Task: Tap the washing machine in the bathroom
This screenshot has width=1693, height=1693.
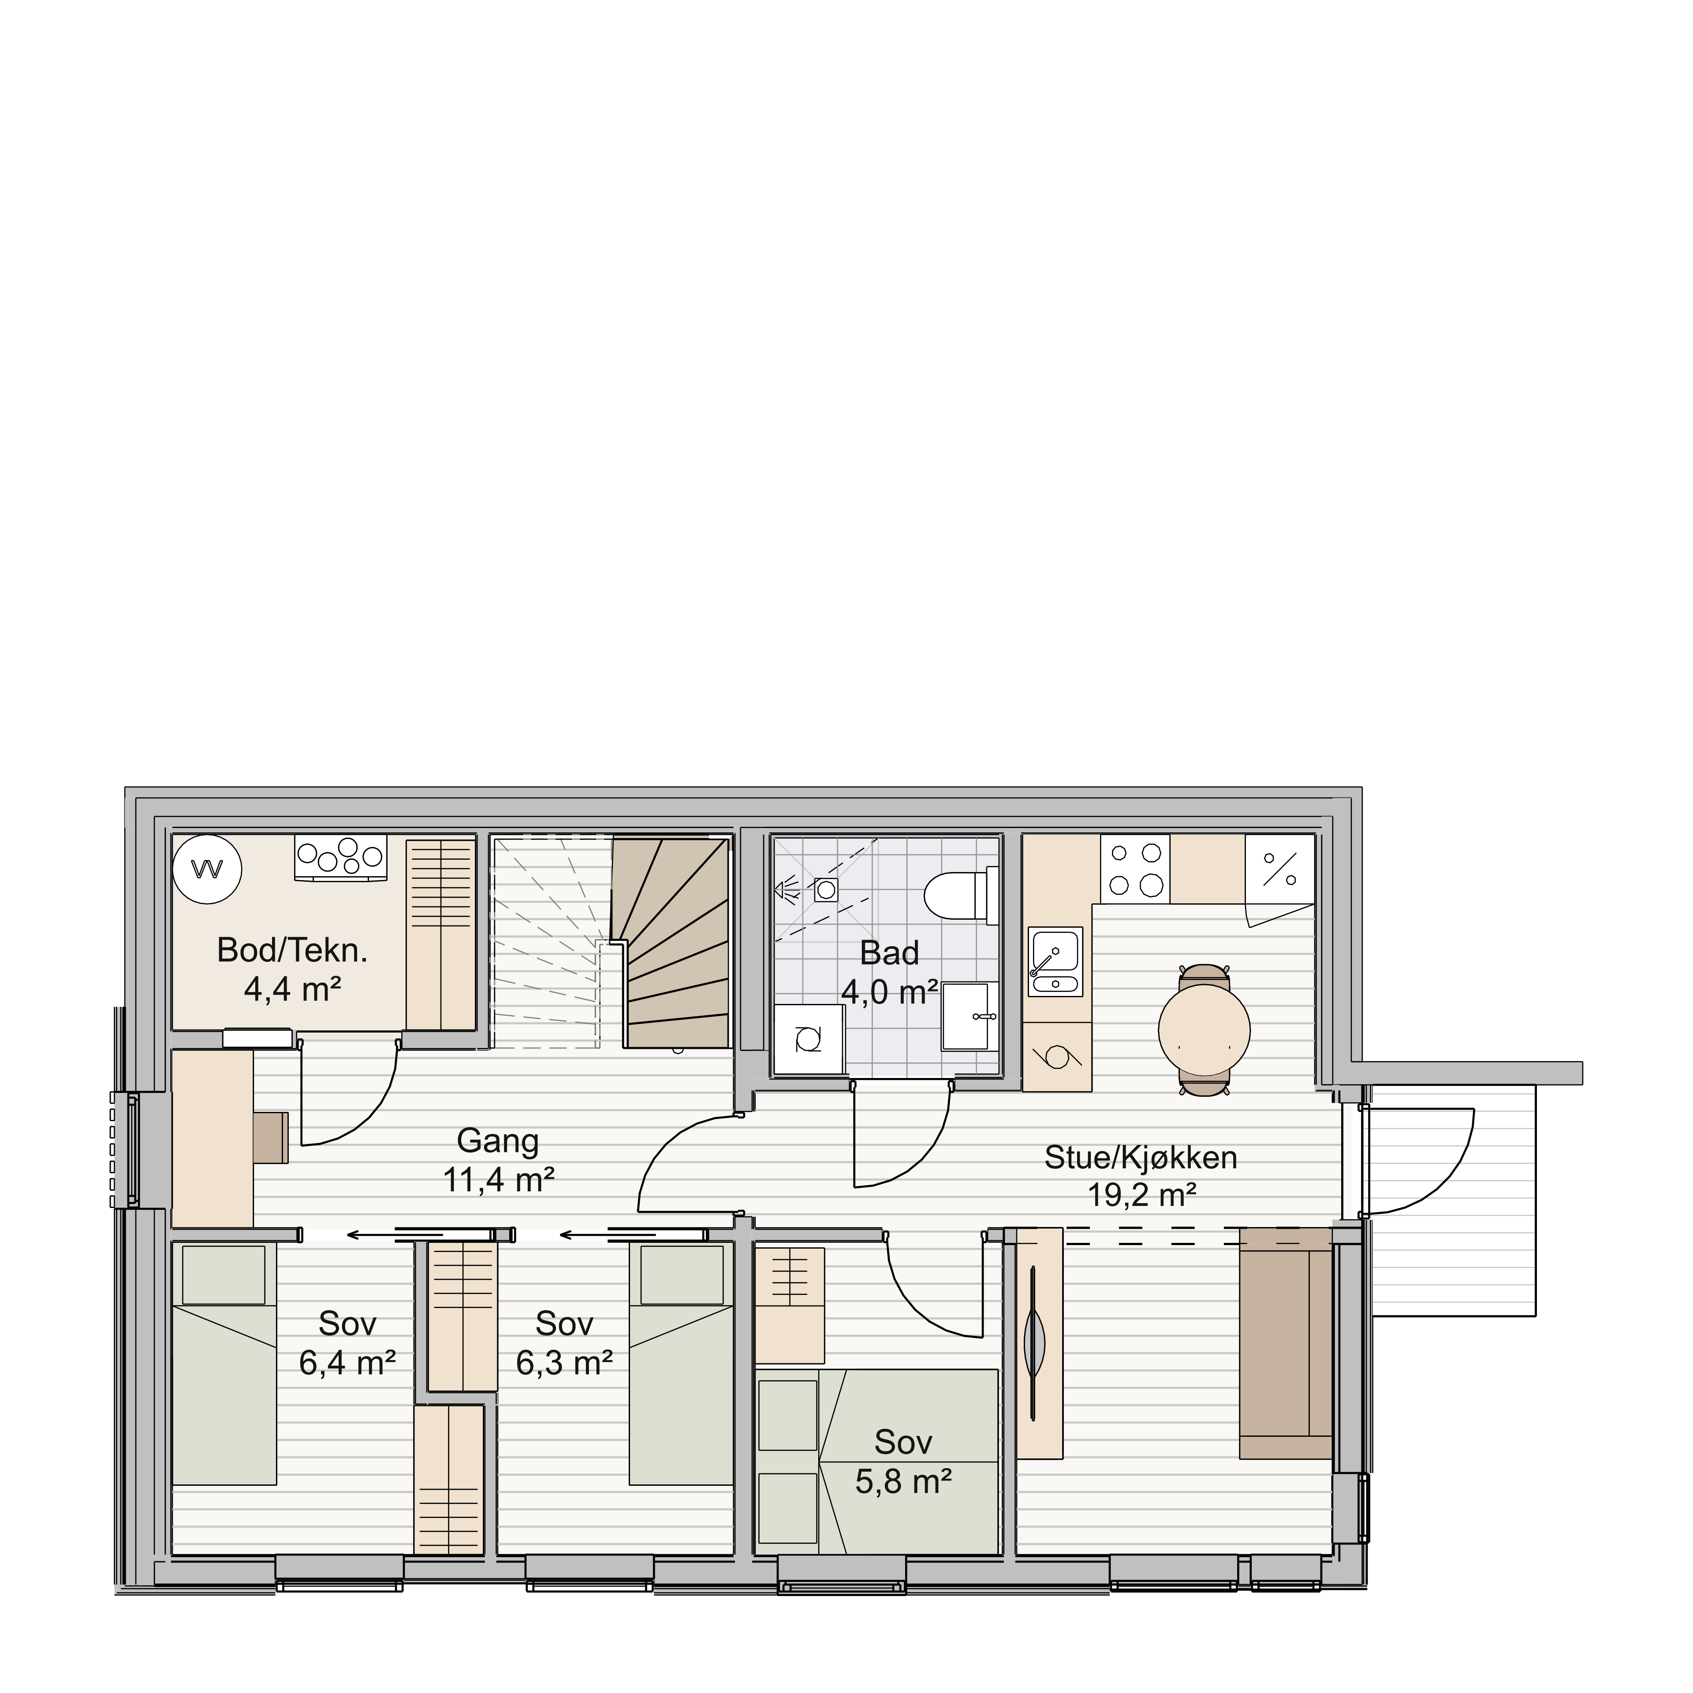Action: click(x=809, y=1040)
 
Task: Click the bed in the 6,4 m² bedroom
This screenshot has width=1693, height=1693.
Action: click(x=224, y=1365)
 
